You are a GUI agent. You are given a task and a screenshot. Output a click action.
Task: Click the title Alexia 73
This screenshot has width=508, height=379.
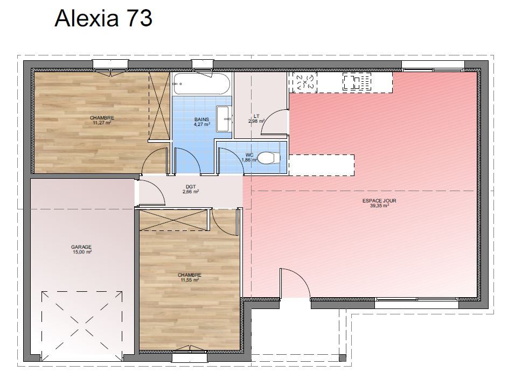coord(103,18)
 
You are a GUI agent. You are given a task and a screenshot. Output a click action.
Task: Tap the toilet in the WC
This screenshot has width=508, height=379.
coord(269,158)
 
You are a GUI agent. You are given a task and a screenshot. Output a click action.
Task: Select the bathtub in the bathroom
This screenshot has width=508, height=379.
coord(201,84)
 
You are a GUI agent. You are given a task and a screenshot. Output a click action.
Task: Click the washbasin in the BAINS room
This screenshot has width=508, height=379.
coord(223,119)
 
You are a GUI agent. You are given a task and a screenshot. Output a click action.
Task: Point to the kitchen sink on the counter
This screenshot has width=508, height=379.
coord(357,81)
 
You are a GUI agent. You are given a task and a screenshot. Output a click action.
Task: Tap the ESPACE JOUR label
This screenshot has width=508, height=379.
coord(379,201)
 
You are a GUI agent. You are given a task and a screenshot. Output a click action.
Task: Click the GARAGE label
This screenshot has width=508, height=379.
coord(81,247)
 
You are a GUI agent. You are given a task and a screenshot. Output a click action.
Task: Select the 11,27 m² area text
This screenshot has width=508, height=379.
coord(102,123)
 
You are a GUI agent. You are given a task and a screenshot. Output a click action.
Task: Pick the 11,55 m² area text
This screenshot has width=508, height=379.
coord(190,280)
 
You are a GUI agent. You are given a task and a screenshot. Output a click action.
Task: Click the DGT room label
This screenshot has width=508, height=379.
coord(191,186)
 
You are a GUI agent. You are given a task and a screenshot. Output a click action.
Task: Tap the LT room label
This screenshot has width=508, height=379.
coord(256,116)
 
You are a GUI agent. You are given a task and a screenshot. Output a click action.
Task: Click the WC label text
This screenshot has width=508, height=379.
coord(249,155)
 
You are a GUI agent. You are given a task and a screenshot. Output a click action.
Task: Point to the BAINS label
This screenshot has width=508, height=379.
coord(202,119)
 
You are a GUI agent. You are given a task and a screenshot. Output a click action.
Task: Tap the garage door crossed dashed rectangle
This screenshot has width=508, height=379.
coord(82,326)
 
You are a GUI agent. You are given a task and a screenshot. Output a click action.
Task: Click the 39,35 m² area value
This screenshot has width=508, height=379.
coord(379,206)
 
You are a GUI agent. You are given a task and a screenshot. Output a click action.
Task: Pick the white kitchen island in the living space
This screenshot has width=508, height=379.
coord(322,165)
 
